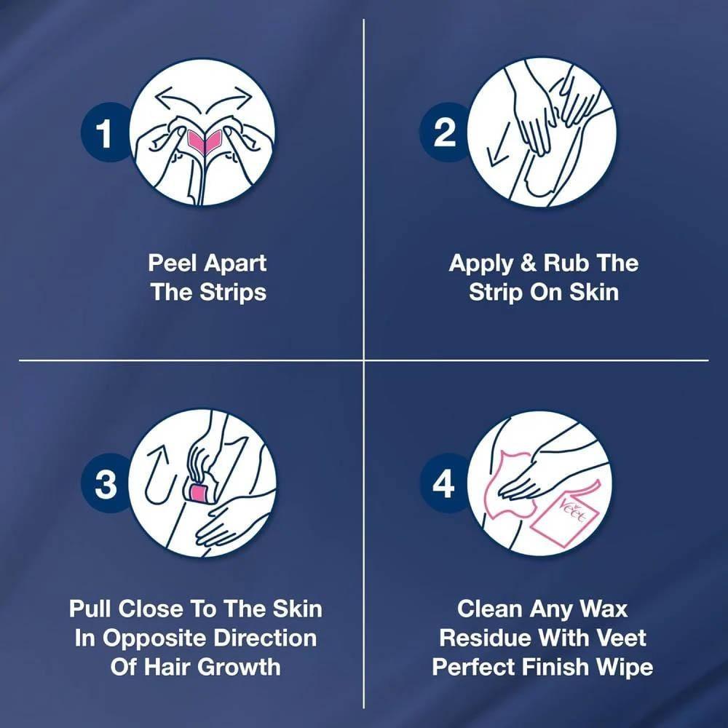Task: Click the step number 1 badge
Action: (x=105, y=132)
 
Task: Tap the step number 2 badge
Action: (x=443, y=132)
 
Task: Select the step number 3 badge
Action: (x=105, y=483)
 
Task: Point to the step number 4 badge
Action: (x=443, y=483)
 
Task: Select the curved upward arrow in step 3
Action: (x=160, y=475)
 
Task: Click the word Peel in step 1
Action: (x=174, y=264)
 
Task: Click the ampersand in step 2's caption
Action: (x=528, y=263)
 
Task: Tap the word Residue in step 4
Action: (x=484, y=638)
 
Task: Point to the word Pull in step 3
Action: (x=91, y=609)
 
